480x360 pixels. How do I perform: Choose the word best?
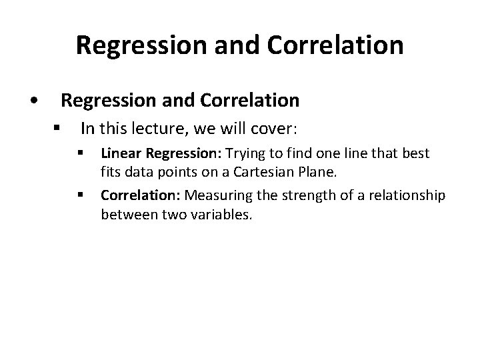(416, 154)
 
